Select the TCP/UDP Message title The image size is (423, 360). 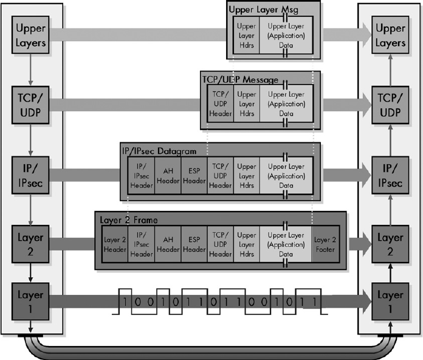tap(240, 80)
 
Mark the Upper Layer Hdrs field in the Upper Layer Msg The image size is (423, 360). tap(247, 35)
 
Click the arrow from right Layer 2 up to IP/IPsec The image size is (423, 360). tap(390, 206)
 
